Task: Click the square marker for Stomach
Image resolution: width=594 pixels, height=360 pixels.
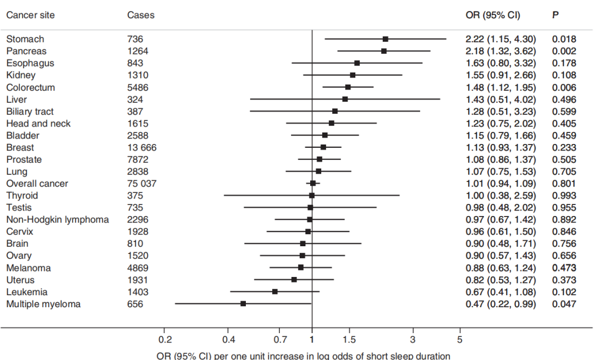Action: [386, 39]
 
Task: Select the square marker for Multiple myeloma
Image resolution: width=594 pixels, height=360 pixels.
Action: [243, 303]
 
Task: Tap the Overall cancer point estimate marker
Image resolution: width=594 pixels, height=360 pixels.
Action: [313, 183]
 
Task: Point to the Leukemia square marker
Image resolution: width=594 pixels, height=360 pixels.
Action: [275, 291]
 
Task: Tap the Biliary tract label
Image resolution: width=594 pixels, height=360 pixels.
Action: [30, 112]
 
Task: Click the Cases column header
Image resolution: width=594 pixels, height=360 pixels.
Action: [141, 15]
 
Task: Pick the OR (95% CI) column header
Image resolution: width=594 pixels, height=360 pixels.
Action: [493, 15]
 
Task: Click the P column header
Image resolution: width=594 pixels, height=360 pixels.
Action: [555, 15]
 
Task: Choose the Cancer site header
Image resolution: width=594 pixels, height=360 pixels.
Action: [30, 15]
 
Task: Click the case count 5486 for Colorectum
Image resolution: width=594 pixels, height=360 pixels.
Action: [137, 87]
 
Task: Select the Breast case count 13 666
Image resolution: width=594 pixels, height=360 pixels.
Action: [142, 147]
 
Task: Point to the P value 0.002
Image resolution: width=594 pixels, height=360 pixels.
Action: [564, 51]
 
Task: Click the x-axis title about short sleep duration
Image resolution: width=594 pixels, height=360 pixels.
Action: [304, 355]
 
